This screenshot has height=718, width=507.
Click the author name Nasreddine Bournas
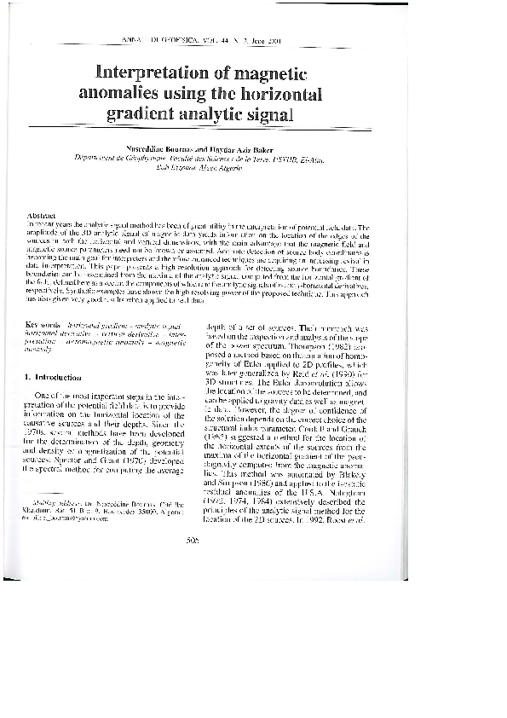click(184, 151)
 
